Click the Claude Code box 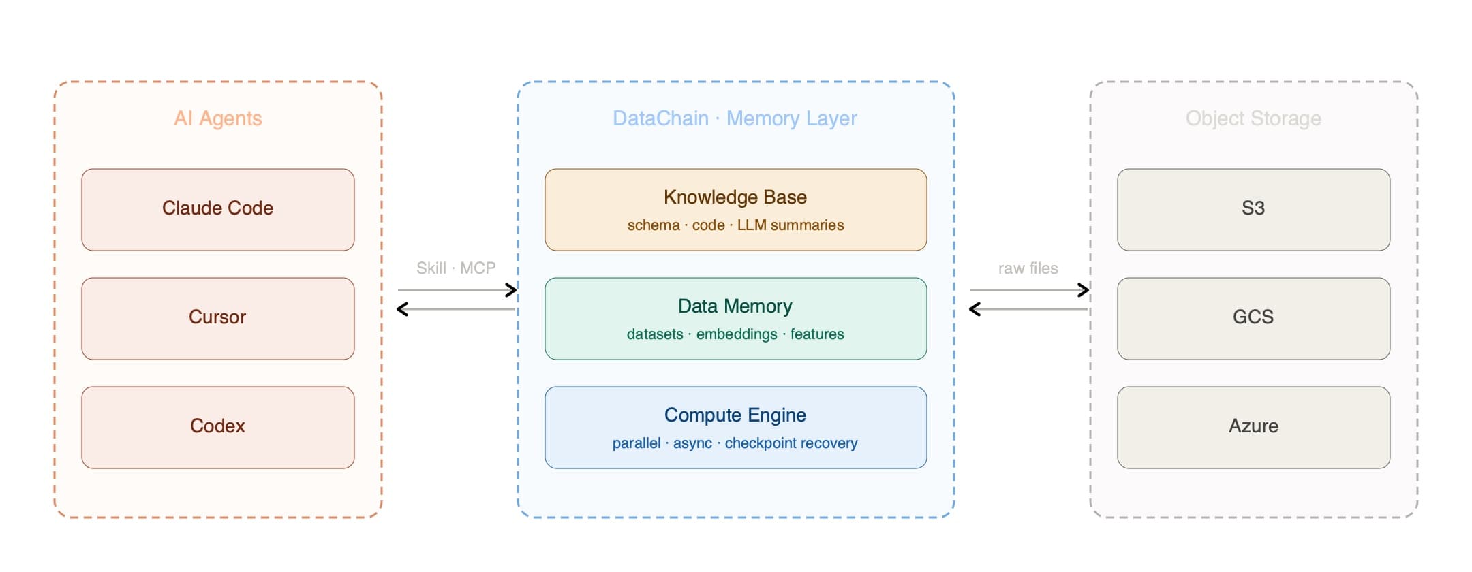click(218, 210)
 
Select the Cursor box click(218, 319)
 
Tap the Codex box click(218, 428)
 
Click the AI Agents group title click(218, 118)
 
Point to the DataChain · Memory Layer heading click(735, 118)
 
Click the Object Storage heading click(1254, 118)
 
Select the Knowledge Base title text click(735, 197)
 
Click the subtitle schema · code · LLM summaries click(736, 225)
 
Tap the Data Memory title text click(735, 306)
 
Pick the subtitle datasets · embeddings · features click(735, 334)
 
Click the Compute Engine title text click(735, 415)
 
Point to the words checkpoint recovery click(791, 443)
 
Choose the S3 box click(1254, 210)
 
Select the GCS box click(1254, 319)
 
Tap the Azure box click(1254, 428)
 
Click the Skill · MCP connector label click(456, 268)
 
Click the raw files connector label click(1028, 268)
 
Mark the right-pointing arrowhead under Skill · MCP click(511, 290)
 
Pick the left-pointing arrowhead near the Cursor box click(402, 309)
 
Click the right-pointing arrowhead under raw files click(1084, 290)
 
